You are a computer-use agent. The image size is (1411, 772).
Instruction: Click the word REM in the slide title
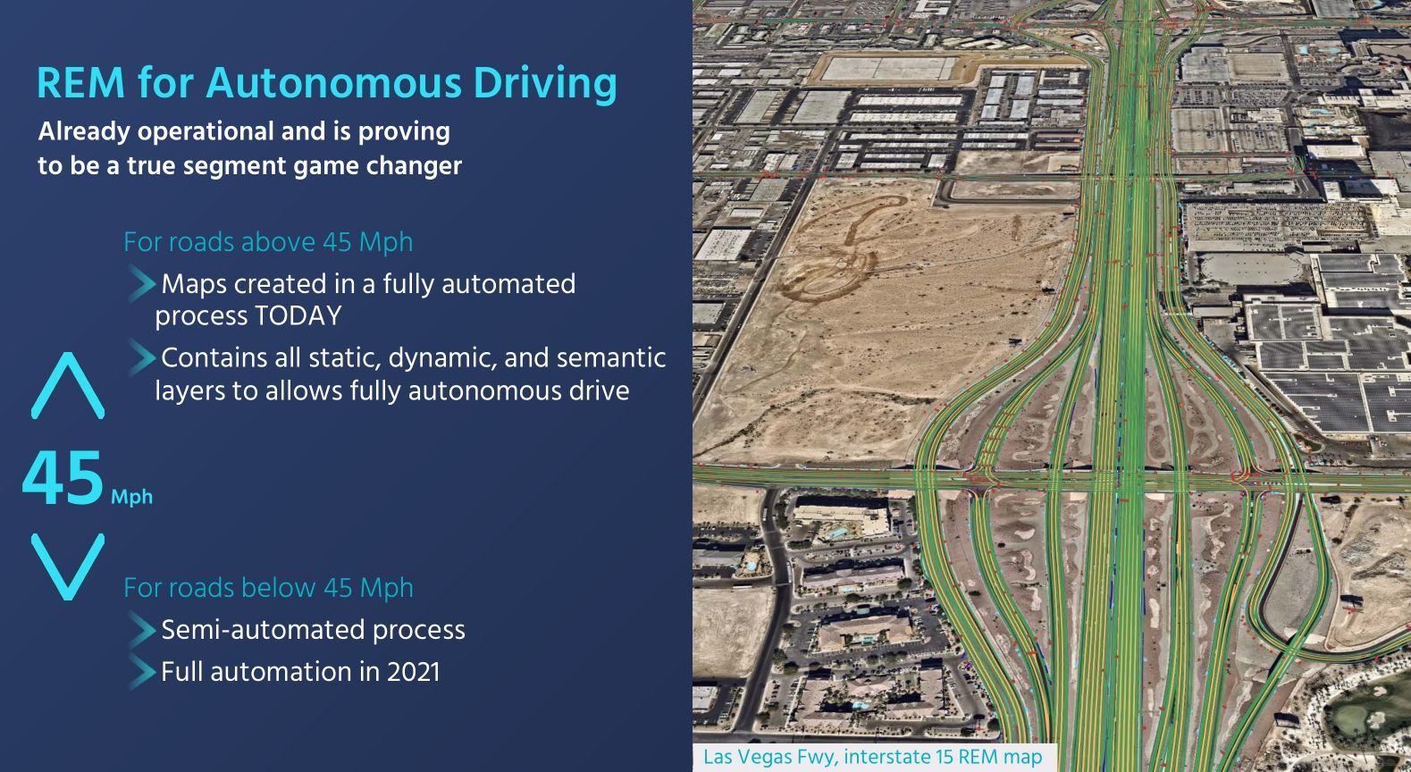coord(80,83)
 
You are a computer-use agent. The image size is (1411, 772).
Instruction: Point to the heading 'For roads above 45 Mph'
coord(268,242)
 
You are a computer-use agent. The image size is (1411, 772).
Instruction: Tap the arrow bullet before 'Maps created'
coord(142,283)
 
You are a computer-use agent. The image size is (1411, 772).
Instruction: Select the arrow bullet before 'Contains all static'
coord(142,357)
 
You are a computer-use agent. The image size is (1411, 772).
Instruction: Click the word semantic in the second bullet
coord(611,357)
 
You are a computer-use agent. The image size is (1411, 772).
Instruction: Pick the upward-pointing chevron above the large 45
coord(68,385)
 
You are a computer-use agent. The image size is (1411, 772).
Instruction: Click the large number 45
coord(63,479)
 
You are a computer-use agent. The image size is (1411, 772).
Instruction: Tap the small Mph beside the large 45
coord(131,497)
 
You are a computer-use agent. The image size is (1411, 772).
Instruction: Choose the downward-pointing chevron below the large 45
coord(68,566)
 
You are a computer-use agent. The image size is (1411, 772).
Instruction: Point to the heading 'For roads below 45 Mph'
coord(268,588)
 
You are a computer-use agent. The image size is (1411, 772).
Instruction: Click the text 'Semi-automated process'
coord(313,630)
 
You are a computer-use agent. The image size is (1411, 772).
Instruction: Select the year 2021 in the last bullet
coord(413,672)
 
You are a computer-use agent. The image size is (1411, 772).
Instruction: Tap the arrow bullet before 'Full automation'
coord(142,671)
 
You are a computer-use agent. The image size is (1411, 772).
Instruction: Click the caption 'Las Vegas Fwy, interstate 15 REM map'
coord(872,757)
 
